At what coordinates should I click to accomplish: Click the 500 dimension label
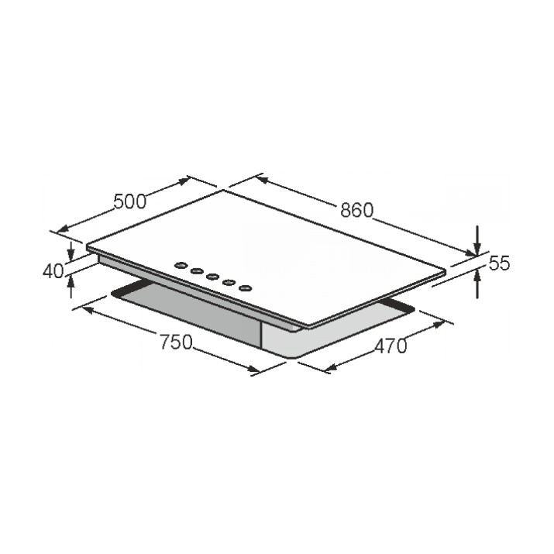pos(129,201)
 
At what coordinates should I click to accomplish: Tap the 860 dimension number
pos(357,210)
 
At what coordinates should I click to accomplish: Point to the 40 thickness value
pos(53,271)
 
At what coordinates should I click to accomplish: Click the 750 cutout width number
pos(177,342)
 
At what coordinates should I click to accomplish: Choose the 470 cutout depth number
pos(391,346)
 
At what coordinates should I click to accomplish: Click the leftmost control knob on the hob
pos(181,265)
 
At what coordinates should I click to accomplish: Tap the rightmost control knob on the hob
pos(245,288)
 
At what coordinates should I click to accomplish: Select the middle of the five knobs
pos(213,277)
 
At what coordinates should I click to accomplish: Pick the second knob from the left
pos(197,270)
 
